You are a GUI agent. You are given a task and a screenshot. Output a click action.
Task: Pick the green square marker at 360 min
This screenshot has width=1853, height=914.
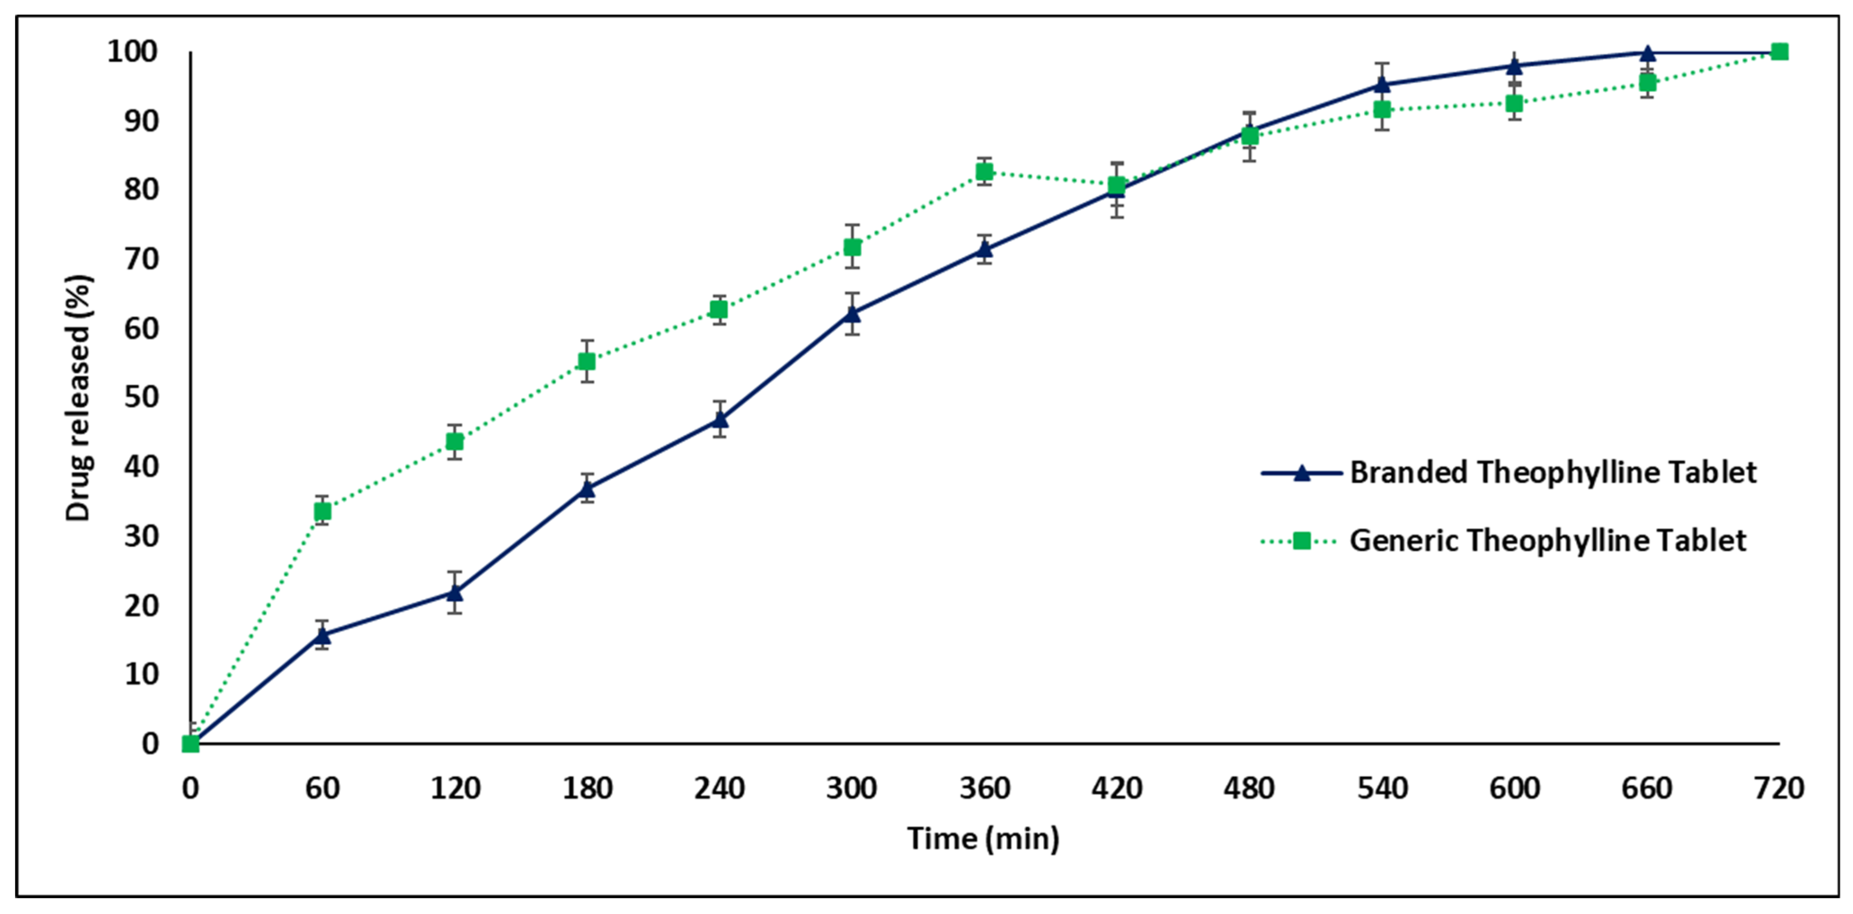[x=985, y=171]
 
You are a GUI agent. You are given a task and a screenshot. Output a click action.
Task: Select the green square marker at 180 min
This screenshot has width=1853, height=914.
[x=587, y=361]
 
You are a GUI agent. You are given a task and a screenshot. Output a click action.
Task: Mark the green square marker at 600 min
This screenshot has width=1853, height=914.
[x=1514, y=104]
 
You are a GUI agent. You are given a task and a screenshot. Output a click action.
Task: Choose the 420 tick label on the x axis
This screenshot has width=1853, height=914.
[x=1116, y=789]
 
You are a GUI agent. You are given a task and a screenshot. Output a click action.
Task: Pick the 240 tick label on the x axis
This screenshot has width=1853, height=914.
[x=719, y=789]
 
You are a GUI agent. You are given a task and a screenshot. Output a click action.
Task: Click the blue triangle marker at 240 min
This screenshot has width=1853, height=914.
[x=719, y=418]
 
